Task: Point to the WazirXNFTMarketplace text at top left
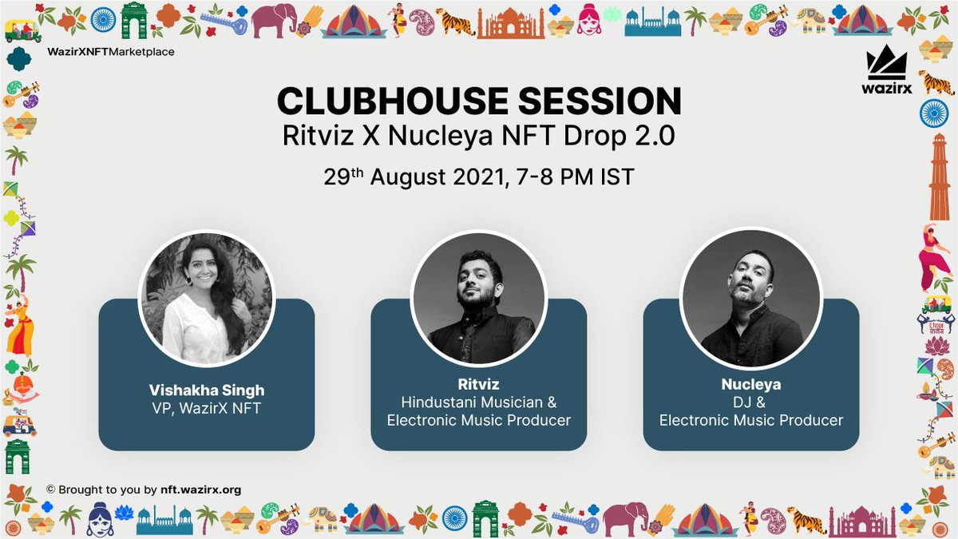click(x=111, y=52)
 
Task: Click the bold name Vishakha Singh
click(x=206, y=390)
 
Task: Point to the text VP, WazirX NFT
click(x=206, y=408)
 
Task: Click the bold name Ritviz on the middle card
click(x=478, y=384)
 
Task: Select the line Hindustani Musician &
click(x=478, y=402)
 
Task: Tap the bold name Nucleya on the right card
click(x=750, y=384)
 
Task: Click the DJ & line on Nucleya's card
click(x=750, y=402)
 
